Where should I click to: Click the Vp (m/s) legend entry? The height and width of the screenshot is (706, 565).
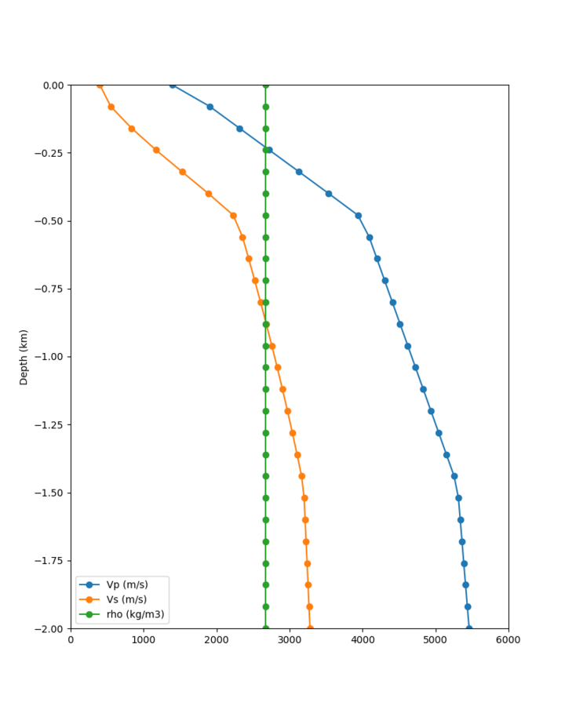(x=127, y=584)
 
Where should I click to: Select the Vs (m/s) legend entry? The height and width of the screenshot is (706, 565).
(x=126, y=599)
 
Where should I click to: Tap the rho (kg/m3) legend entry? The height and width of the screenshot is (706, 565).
(x=132, y=614)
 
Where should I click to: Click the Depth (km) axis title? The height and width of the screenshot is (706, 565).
(x=24, y=357)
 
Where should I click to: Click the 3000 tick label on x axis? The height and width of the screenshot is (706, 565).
(x=290, y=640)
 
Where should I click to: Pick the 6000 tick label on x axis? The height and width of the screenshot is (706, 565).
(x=508, y=640)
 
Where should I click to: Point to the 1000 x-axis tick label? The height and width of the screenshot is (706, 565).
(x=144, y=640)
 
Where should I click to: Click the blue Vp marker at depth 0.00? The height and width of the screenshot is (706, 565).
(x=173, y=85)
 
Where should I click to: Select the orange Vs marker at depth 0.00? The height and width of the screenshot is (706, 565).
(x=100, y=85)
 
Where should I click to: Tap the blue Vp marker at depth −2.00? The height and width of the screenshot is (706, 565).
(x=469, y=628)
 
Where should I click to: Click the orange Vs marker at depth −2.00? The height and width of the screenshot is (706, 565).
(x=310, y=628)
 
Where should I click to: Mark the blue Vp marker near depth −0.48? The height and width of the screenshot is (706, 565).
(x=358, y=216)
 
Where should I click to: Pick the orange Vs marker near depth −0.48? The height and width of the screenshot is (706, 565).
(x=233, y=216)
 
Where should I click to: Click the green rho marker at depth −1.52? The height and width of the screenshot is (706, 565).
(x=265, y=498)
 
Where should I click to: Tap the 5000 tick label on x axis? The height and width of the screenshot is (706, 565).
(x=436, y=640)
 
